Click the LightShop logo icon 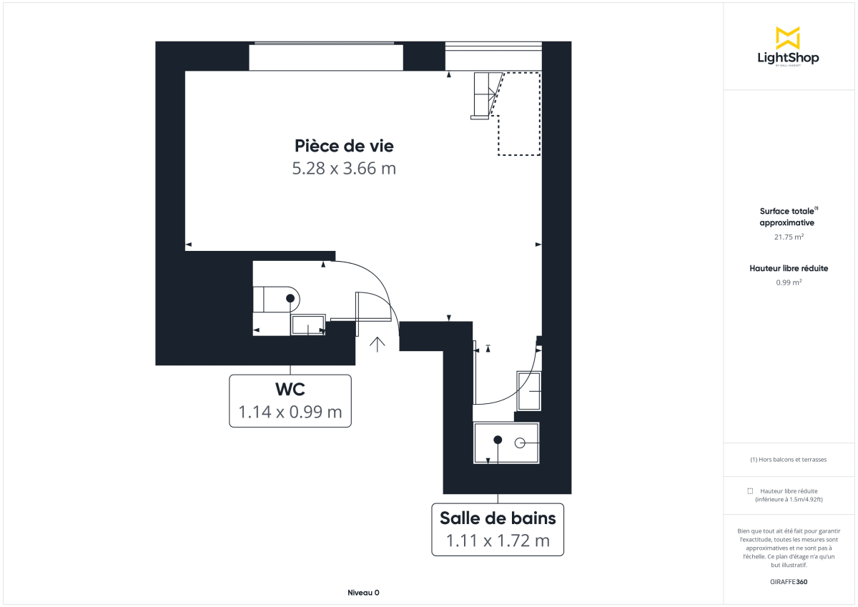click(x=788, y=38)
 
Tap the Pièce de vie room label click(x=344, y=146)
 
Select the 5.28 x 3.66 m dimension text click(x=344, y=169)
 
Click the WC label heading click(x=290, y=390)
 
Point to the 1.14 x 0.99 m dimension click(x=290, y=413)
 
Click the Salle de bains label click(x=498, y=517)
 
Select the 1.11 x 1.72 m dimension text click(x=498, y=541)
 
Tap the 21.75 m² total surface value click(x=789, y=237)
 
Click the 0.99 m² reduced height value click(x=789, y=282)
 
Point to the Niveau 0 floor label click(x=363, y=593)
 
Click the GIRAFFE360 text click(x=789, y=582)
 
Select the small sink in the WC click(x=308, y=325)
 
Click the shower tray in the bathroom click(x=506, y=443)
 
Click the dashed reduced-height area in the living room click(x=518, y=114)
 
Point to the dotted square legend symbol click(x=750, y=491)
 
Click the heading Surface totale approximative click(x=789, y=217)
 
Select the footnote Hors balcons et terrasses click(x=789, y=460)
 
